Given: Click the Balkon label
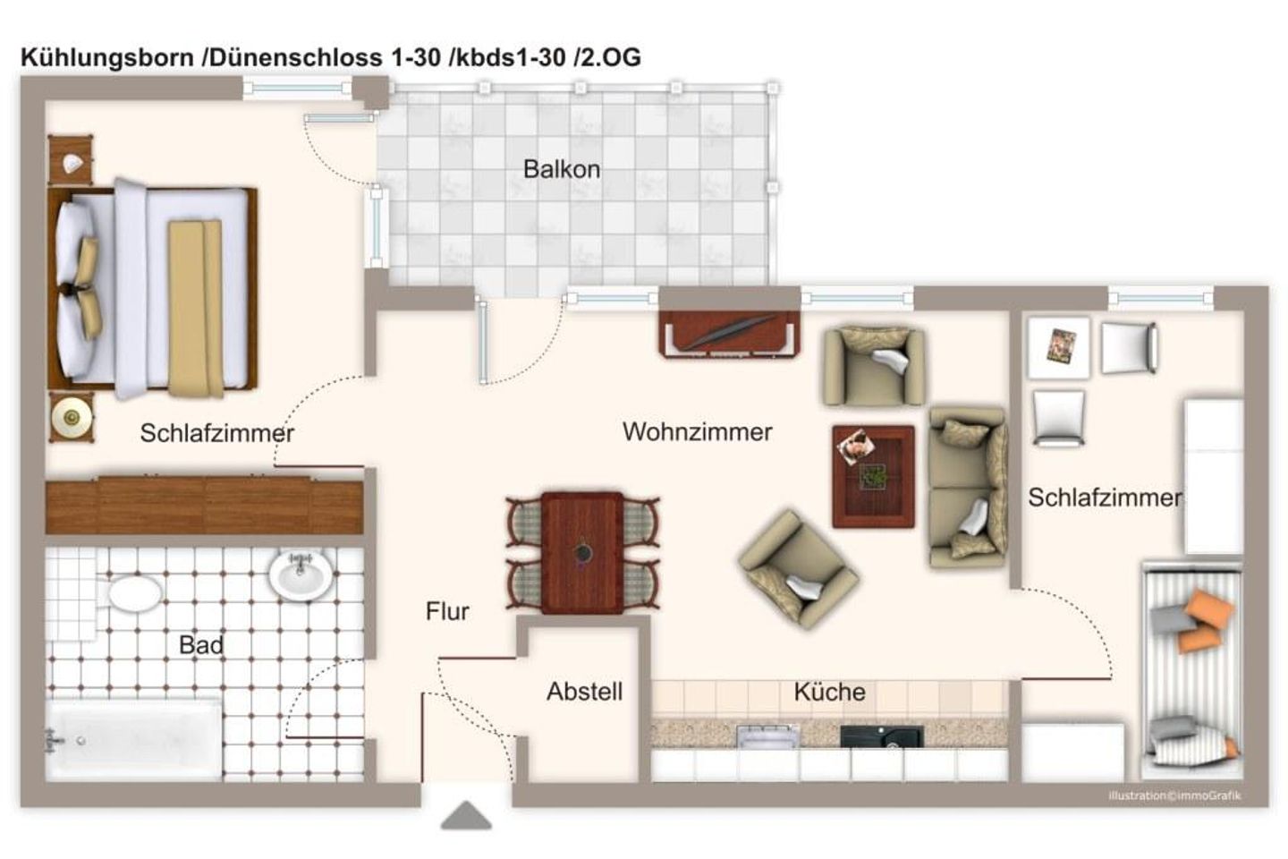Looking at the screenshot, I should [562, 169].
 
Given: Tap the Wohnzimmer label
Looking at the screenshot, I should [697, 432].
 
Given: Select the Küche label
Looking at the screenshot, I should [829, 692].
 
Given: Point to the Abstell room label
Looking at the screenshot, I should [584, 691].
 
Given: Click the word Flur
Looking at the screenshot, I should [447, 611].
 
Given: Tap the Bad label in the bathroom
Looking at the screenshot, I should [201, 644].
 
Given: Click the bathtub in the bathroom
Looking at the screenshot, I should [134, 740].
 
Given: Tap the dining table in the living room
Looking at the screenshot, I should [582, 552].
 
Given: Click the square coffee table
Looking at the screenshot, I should [873, 476].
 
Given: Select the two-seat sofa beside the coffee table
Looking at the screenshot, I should [968, 488].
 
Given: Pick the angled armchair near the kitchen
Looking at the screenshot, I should [798, 569].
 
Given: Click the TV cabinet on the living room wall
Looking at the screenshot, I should [730, 334].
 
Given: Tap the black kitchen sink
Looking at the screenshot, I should [881, 736].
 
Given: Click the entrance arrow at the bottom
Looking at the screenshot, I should [466, 815].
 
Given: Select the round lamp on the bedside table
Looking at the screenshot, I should [71, 416].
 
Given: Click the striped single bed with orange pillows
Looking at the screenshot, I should [1191, 669].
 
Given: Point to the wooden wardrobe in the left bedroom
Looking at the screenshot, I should [205, 506].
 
